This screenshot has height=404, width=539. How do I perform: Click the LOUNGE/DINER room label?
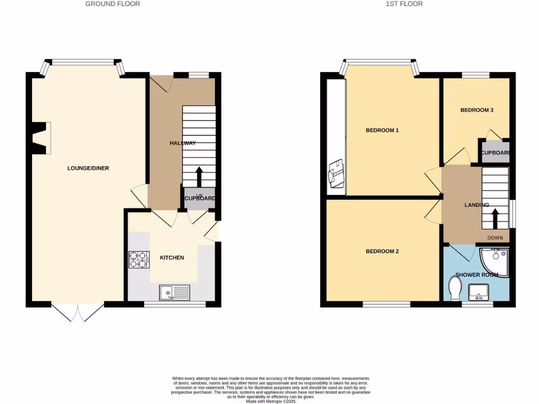click(88, 168)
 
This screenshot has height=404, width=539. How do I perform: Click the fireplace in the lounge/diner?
click(41, 138)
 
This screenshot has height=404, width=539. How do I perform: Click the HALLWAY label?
click(182, 143)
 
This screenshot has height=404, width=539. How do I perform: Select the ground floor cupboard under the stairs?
click(199, 198)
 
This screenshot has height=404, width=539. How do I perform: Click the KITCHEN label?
click(172, 258)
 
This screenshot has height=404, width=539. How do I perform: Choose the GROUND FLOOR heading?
click(113, 4)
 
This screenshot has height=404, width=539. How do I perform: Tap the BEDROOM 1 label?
click(382, 130)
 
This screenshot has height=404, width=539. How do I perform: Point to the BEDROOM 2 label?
click(382, 251)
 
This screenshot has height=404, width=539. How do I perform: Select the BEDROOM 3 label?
click(476, 110)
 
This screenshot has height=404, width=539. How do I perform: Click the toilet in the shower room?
click(455, 288)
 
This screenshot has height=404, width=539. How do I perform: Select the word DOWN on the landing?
click(495, 238)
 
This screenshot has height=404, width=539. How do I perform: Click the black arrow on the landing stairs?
click(495, 218)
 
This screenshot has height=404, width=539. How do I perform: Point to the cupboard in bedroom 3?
click(495, 152)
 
